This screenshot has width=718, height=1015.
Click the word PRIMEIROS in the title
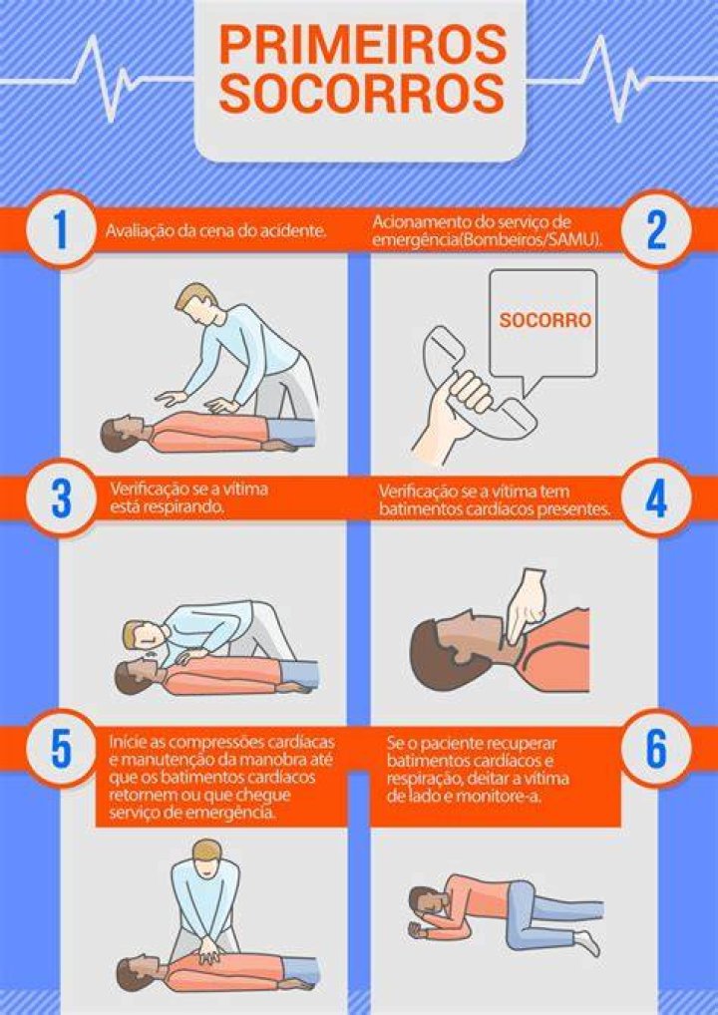point(362,46)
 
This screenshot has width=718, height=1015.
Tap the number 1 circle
point(60,229)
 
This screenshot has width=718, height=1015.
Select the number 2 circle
point(656,229)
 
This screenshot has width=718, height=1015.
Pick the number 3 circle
point(61,499)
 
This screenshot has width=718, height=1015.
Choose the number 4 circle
point(656,499)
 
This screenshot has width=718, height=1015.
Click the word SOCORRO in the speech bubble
point(545,320)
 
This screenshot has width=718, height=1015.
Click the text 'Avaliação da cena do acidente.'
point(215,230)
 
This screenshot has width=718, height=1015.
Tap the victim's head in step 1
point(123,433)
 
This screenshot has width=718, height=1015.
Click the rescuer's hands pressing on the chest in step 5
point(209,951)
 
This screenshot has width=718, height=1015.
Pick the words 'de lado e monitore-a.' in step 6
point(464,797)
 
